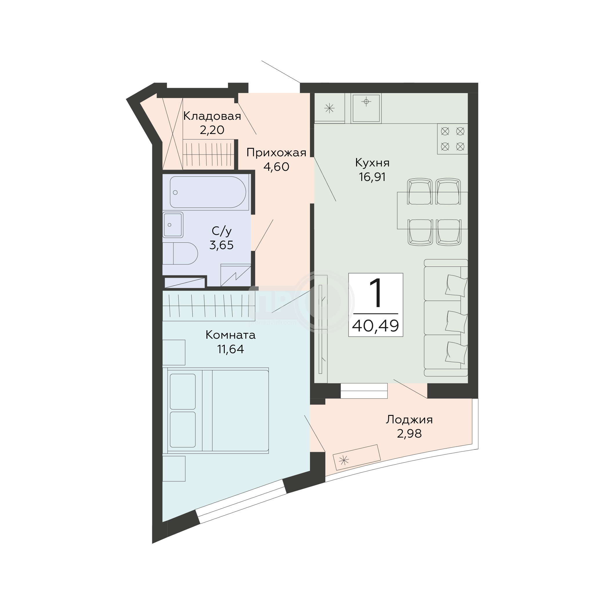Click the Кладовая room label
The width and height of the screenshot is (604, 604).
212,116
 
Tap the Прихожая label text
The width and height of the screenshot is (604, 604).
276,153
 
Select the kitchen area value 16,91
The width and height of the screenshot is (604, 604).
372,177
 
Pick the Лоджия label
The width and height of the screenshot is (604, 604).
409,420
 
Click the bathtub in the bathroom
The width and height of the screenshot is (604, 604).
208,192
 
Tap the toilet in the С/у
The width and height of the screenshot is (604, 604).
180,253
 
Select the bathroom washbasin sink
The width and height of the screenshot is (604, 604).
173,225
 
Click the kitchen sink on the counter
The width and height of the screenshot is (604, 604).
366,108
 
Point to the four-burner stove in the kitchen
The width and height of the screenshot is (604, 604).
452,139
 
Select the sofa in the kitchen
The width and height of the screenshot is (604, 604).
446,318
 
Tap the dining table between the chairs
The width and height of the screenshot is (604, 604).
433,211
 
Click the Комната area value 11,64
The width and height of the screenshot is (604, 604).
231,349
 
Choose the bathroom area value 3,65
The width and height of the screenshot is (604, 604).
221,245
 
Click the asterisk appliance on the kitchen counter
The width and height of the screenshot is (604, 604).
329,108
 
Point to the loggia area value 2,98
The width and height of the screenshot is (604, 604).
409,433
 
